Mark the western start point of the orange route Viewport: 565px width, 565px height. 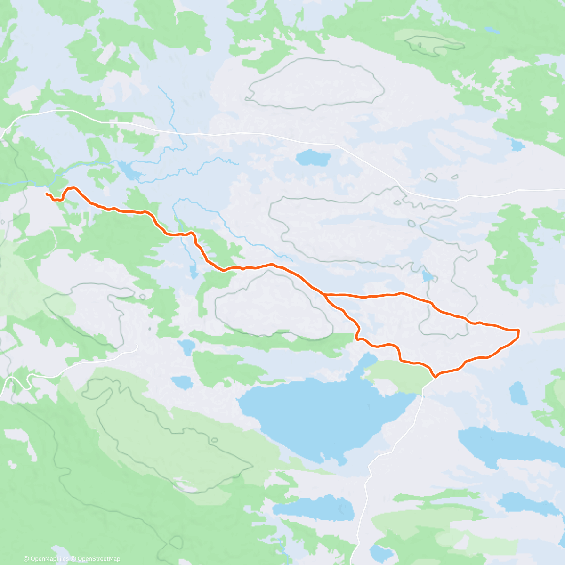pyautogui.click(x=46, y=194)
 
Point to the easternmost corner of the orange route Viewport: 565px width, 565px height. pyautogui.click(x=518, y=331)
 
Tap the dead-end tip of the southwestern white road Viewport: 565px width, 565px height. pyautogui.click(x=137, y=346)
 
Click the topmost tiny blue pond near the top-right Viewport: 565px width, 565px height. pyautogui.click(x=492, y=30)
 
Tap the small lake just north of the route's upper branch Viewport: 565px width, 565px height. pyautogui.click(x=428, y=276)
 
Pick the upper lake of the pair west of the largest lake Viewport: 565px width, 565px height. pyautogui.click(x=186, y=347)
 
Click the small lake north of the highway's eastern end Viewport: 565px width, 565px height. pyautogui.click(x=517, y=145)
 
